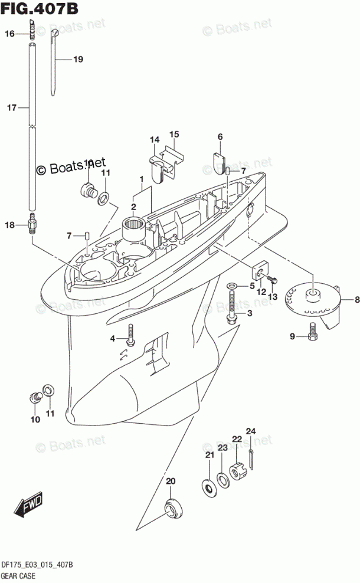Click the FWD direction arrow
(x=27, y=506)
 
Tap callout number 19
(x=78, y=59)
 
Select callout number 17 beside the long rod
(x=10, y=108)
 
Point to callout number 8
(x=356, y=300)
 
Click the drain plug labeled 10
(x=35, y=397)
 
